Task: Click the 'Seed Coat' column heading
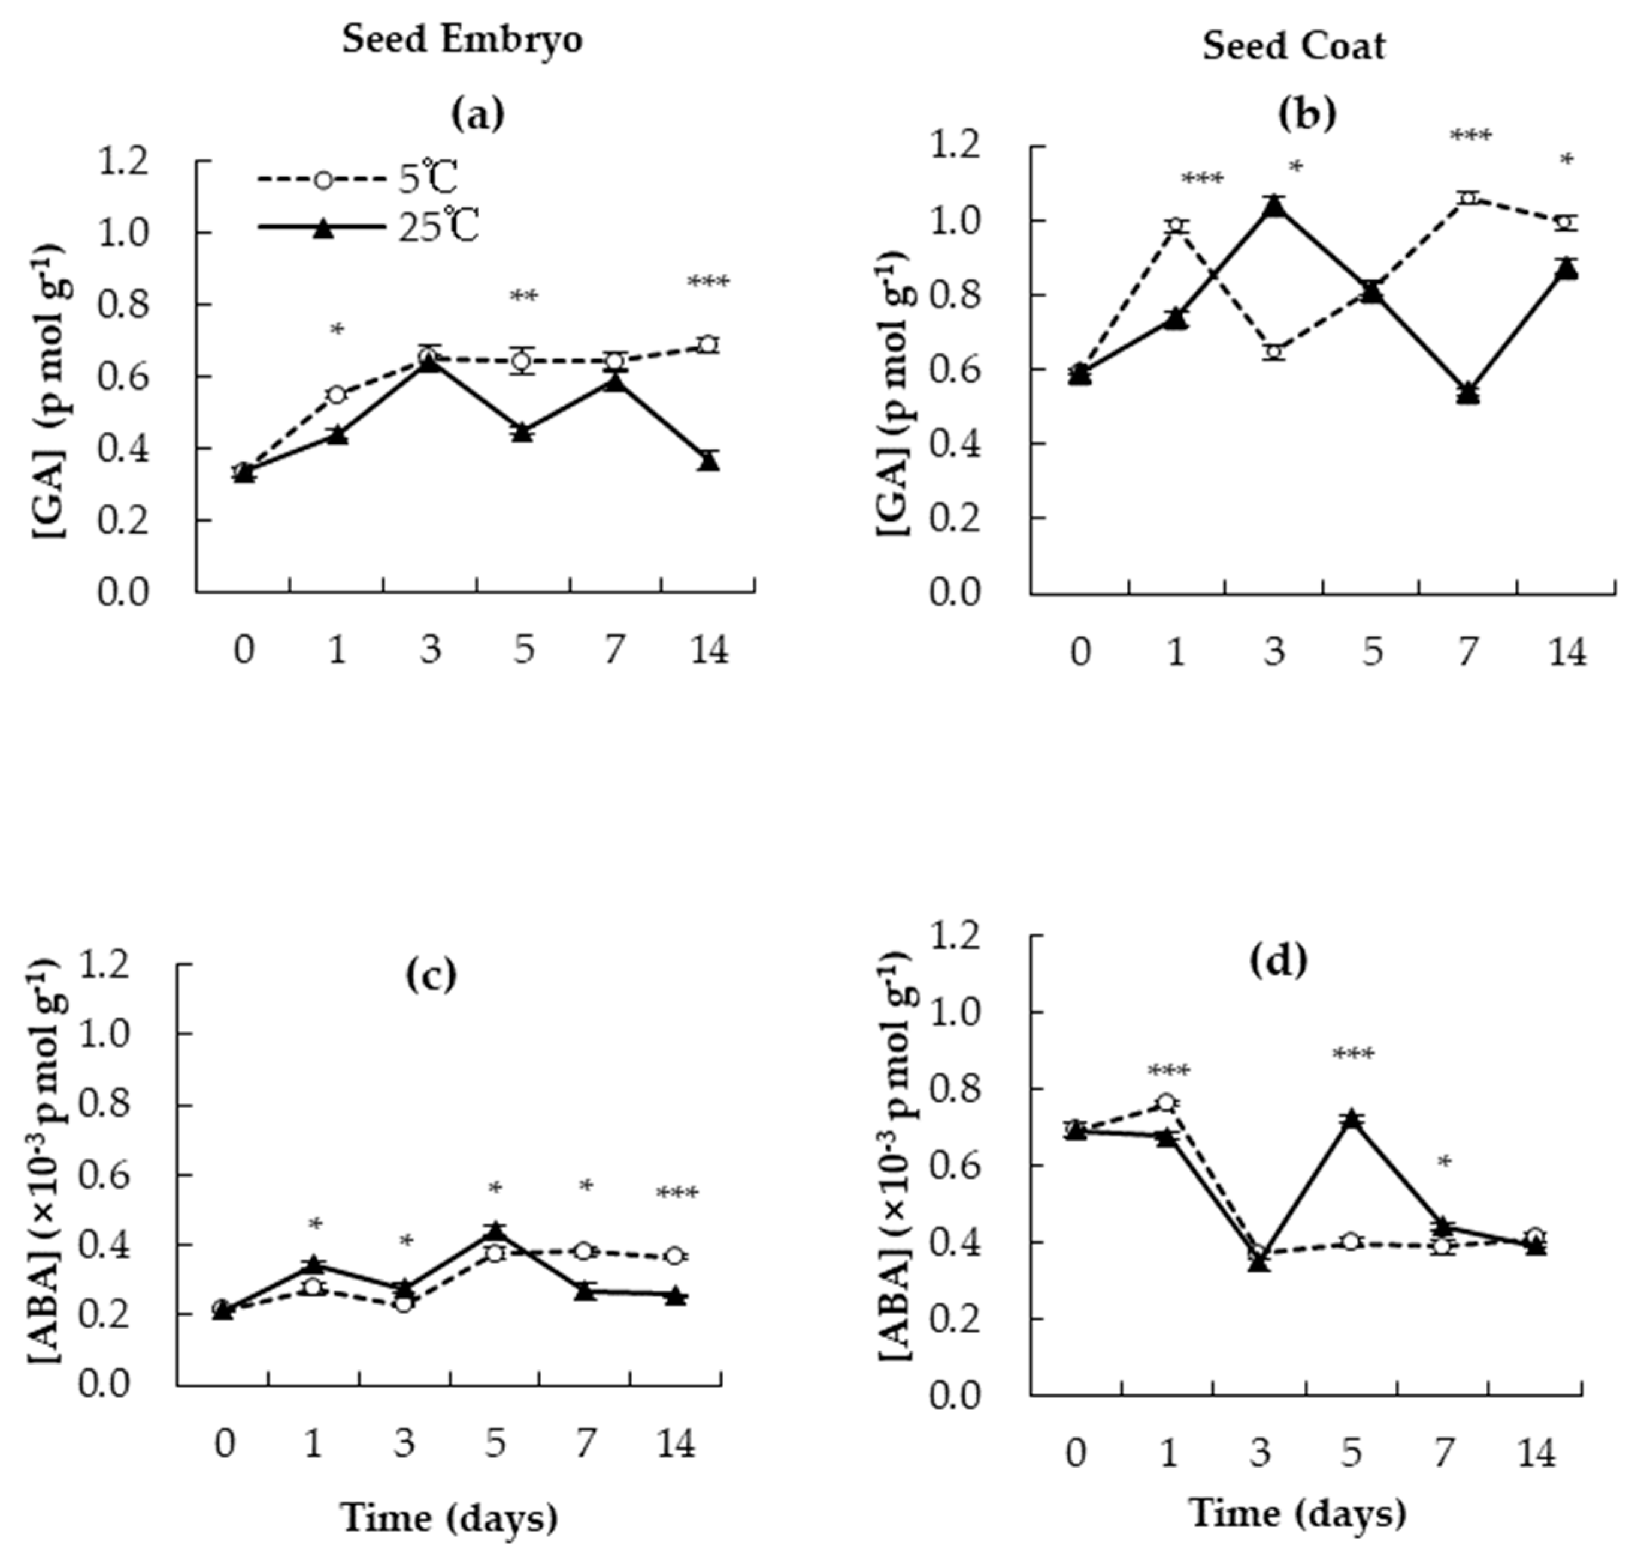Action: point(1294,46)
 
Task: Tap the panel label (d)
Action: point(1279,961)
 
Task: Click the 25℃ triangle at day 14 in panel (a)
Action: point(709,461)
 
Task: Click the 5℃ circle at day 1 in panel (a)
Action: point(337,394)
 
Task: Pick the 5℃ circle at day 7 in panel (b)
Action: point(1469,198)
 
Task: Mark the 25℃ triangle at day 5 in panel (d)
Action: point(1352,1120)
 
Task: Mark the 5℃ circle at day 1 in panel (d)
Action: point(1167,1103)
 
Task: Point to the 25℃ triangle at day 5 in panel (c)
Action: point(495,1230)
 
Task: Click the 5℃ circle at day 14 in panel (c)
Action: point(676,1256)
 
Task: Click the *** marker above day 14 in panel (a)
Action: point(707,283)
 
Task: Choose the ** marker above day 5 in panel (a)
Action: point(523,297)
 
